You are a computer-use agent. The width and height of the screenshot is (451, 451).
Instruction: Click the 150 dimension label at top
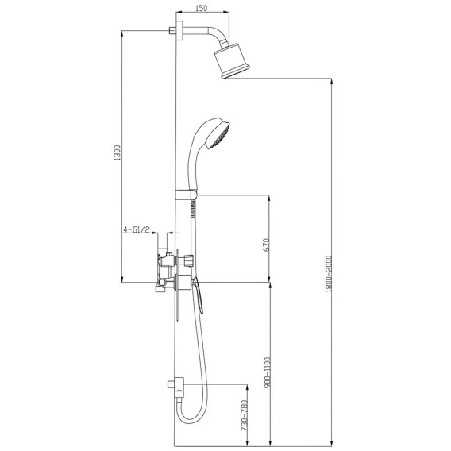click(x=201, y=8)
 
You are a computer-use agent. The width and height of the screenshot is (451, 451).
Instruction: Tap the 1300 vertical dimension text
click(x=118, y=152)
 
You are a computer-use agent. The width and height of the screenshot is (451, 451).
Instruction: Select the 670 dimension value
click(x=266, y=245)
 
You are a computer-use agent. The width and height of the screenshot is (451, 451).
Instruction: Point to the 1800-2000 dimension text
click(x=329, y=273)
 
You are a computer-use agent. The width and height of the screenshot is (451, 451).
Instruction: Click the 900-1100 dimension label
click(x=268, y=372)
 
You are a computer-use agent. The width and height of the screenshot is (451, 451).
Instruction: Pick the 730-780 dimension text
click(x=244, y=415)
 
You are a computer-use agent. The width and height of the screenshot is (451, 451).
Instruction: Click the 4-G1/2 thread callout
click(x=137, y=229)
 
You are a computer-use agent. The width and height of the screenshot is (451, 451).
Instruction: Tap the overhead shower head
click(x=232, y=60)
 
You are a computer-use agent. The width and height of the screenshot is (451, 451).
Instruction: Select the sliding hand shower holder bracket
click(x=186, y=195)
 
